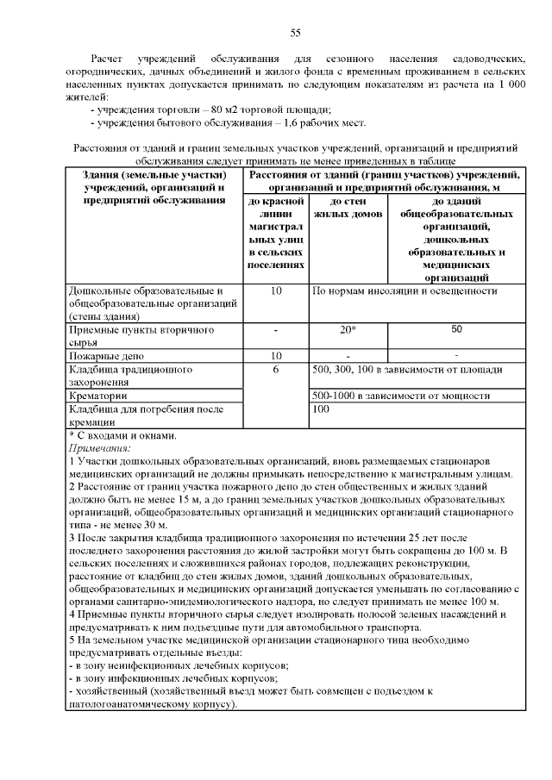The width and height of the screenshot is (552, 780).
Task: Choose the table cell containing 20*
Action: point(348,330)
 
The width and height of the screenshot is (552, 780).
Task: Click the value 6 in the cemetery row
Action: point(276,370)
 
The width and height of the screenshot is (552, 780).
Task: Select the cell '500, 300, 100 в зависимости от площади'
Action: point(407,370)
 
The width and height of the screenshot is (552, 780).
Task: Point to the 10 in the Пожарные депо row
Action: point(276,355)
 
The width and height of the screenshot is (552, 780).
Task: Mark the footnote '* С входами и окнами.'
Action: point(122,436)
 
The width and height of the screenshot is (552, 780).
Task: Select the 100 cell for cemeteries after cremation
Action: point(322,410)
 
